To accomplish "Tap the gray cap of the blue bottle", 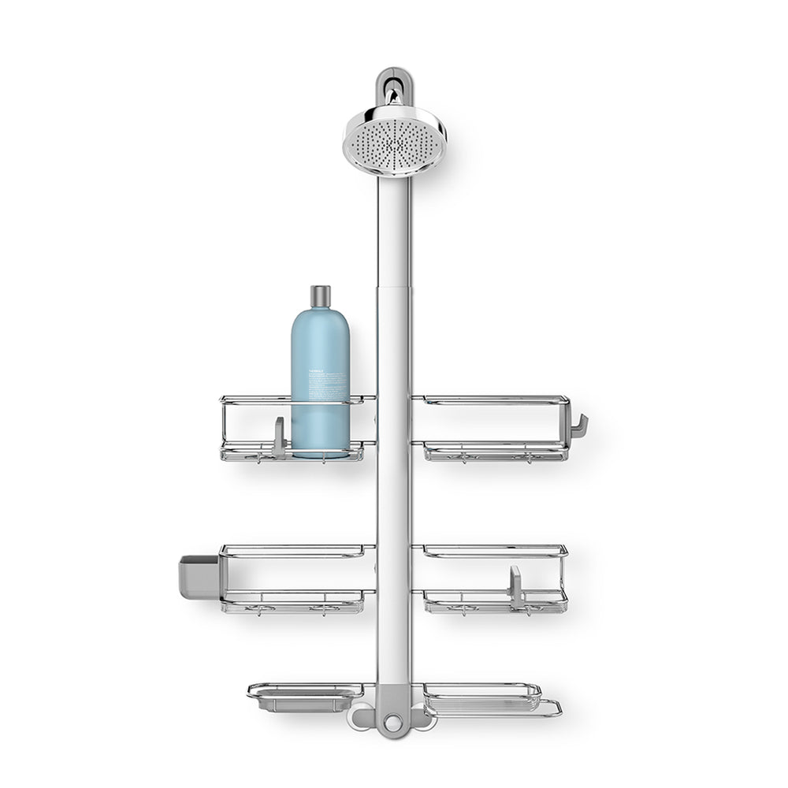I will pyautogui.click(x=320, y=296).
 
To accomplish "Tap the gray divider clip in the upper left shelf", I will pyautogui.click(x=279, y=437).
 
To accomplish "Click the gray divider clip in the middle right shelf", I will pyautogui.click(x=515, y=587).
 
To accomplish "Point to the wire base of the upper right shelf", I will pyautogui.click(x=495, y=452).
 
